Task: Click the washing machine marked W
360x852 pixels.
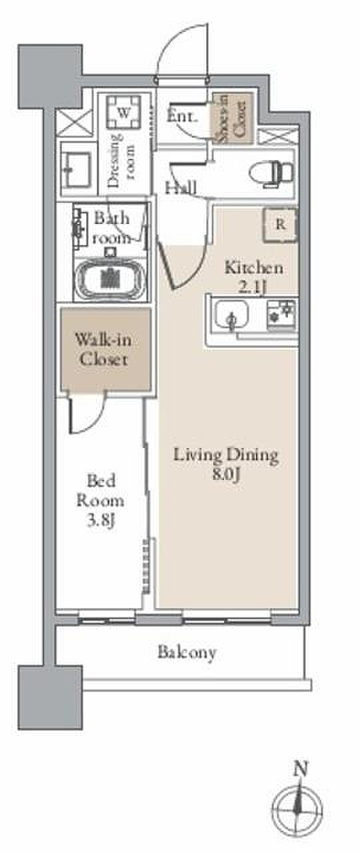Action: [123, 113]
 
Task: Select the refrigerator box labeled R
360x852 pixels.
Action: [281, 225]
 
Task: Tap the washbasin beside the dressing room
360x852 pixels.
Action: [77, 169]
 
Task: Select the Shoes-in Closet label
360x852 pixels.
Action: [232, 119]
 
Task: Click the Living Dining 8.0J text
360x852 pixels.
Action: [226, 463]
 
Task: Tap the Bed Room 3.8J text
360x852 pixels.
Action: [101, 500]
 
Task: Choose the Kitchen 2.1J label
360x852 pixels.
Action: [254, 277]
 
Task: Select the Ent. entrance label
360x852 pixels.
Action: [182, 116]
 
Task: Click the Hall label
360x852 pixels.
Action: [181, 187]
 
